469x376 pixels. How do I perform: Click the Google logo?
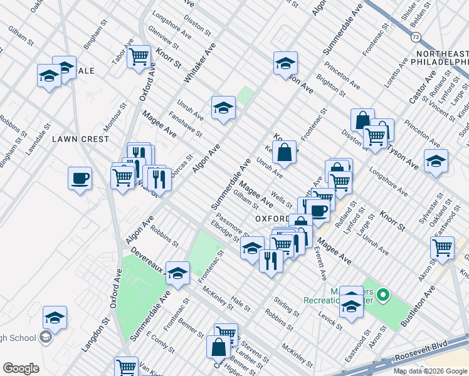coord(21,368)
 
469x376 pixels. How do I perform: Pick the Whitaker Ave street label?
coord(200,64)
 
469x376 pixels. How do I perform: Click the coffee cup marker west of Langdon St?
coord(80,178)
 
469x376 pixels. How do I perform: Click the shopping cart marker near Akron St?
coord(443,248)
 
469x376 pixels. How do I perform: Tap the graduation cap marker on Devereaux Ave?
coord(177,273)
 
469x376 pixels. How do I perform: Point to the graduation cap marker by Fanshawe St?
coord(223,108)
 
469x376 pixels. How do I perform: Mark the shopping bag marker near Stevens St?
coord(218,347)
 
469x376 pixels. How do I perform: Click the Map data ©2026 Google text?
coord(430,371)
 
